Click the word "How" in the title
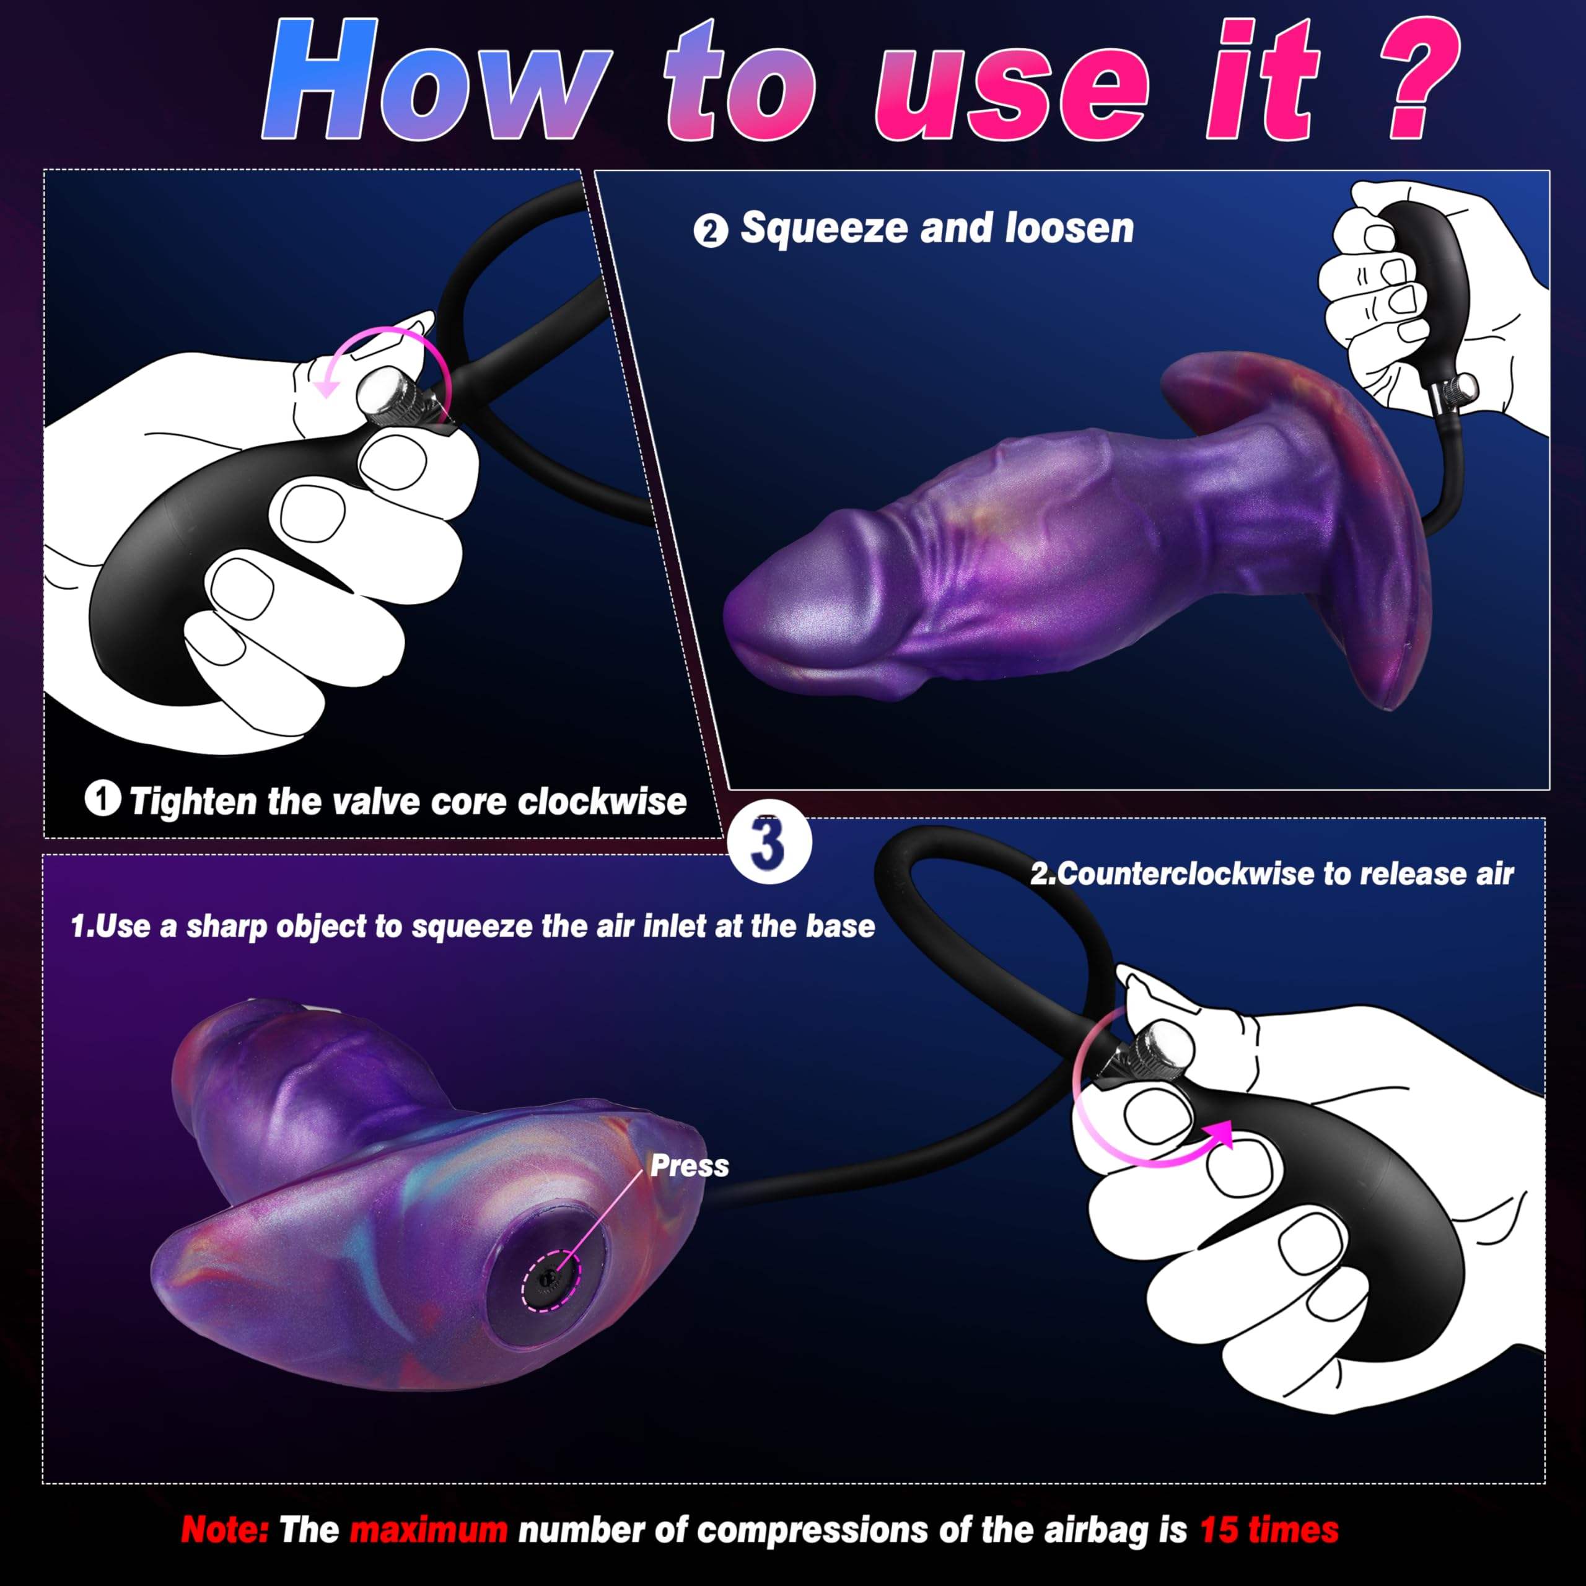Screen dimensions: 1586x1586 tap(437, 81)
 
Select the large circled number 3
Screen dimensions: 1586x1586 tap(769, 843)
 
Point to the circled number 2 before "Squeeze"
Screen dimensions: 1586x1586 tap(710, 230)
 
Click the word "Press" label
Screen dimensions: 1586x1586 tap(690, 1166)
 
